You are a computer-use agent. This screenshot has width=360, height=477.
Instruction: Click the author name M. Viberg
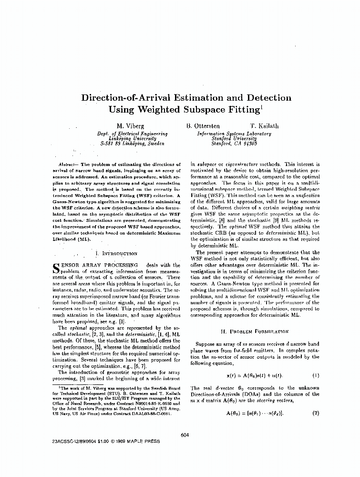click(x=127, y=126)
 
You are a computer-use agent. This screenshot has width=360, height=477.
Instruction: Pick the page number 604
click(x=186, y=435)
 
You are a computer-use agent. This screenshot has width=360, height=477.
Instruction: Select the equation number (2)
click(x=315, y=413)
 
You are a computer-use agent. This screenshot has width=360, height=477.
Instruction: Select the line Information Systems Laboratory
click(x=234, y=134)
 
